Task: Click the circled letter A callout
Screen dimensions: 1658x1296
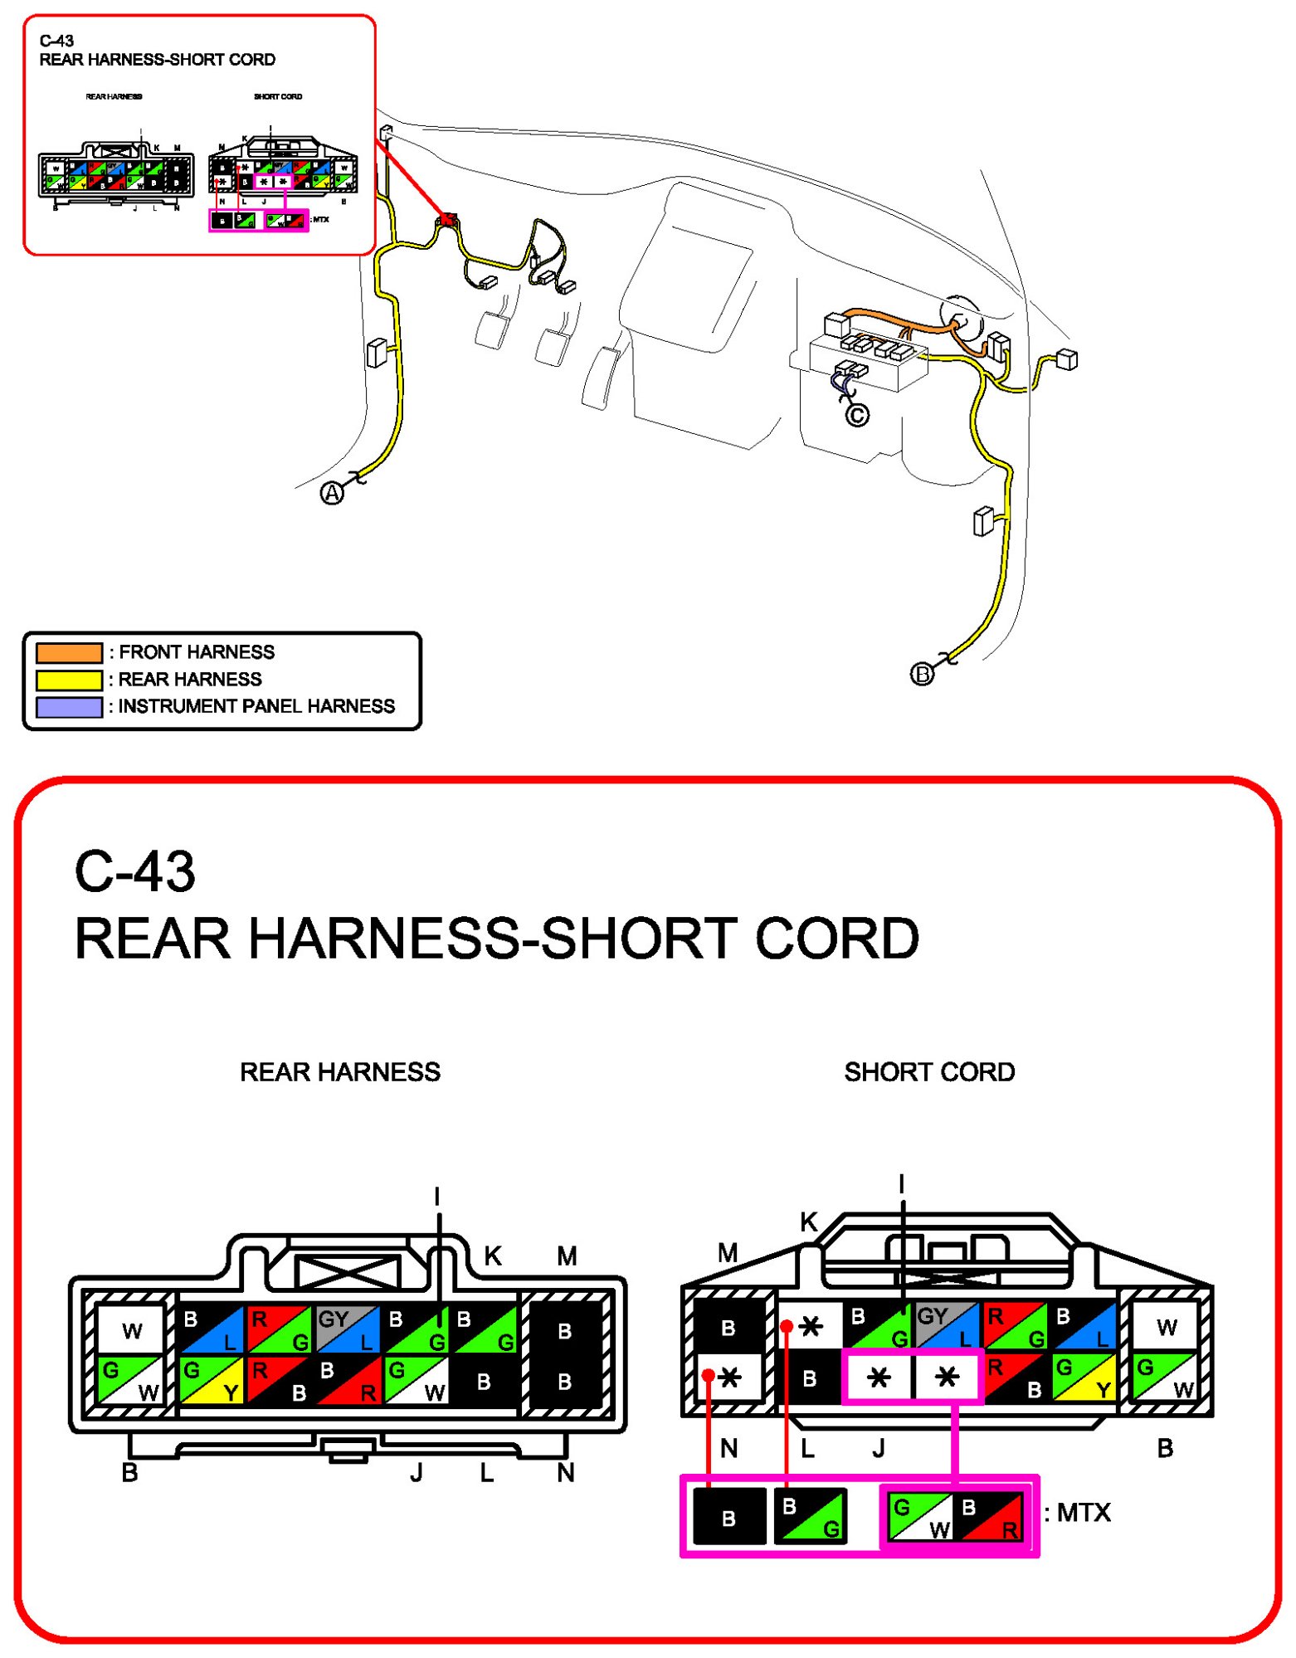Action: pyautogui.click(x=332, y=494)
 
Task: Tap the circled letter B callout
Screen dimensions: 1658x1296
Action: pyautogui.click(x=922, y=674)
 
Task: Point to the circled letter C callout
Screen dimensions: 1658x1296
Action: pyautogui.click(x=857, y=415)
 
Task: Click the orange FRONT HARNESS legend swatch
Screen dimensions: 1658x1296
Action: pyautogui.click(x=69, y=652)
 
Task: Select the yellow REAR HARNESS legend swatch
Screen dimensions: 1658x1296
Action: pyautogui.click(x=69, y=680)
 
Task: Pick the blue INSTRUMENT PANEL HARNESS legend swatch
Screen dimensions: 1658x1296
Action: pyautogui.click(x=69, y=707)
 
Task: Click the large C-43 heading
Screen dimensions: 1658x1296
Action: pyautogui.click(x=134, y=872)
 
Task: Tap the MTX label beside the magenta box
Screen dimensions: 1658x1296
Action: pyautogui.click(x=1082, y=1513)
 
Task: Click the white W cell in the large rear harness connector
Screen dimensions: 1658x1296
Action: pyautogui.click(x=132, y=1330)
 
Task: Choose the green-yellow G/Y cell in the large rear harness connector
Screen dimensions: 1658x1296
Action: pyautogui.click(x=212, y=1380)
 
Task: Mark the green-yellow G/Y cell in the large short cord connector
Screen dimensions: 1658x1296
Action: pyautogui.click(x=1083, y=1378)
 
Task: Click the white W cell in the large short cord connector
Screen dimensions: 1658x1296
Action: pyautogui.click(x=1166, y=1328)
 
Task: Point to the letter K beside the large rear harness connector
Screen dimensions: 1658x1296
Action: pyautogui.click(x=492, y=1256)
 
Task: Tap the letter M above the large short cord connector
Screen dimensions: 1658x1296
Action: pyautogui.click(x=728, y=1253)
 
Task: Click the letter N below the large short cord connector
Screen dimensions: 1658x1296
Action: pyautogui.click(x=728, y=1449)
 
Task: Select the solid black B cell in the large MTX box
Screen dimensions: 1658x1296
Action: pyautogui.click(x=728, y=1517)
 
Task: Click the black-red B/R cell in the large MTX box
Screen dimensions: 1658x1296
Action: pyautogui.click(x=989, y=1517)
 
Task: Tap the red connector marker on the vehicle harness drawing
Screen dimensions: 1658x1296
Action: pyautogui.click(x=447, y=220)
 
